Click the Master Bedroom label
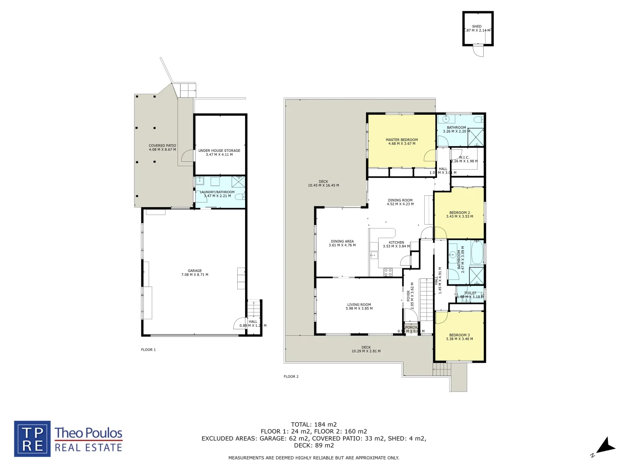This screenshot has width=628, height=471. click(x=402, y=140)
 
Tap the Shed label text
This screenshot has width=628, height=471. click(x=477, y=27)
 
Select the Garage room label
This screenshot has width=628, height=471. click(x=195, y=271)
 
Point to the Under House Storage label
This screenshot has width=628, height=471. click(x=219, y=150)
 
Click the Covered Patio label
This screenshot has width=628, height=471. click(x=162, y=146)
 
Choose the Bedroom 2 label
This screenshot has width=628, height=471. click(x=460, y=213)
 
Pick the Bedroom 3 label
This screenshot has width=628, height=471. click(x=459, y=335)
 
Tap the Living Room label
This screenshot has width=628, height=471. click(x=359, y=305)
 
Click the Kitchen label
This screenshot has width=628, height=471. click(x=396, y=242)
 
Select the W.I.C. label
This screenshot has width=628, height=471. click(x=464, y=157)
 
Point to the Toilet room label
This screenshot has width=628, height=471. click(x=470, y=293)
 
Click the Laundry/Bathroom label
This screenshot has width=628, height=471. click(x=217, y=192)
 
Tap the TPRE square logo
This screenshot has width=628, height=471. click(x=32, y=439)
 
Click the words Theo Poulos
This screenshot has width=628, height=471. click(x=89, y=433)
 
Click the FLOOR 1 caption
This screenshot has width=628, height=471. click(x=148, y=350)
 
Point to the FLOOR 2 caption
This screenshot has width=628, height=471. click(x=291, y=376)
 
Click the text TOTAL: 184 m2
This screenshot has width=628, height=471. click(x=314, y=424)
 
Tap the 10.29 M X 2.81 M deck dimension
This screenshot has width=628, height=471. click(x=366, y=351)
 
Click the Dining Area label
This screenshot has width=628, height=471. click(x=342, y=241)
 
